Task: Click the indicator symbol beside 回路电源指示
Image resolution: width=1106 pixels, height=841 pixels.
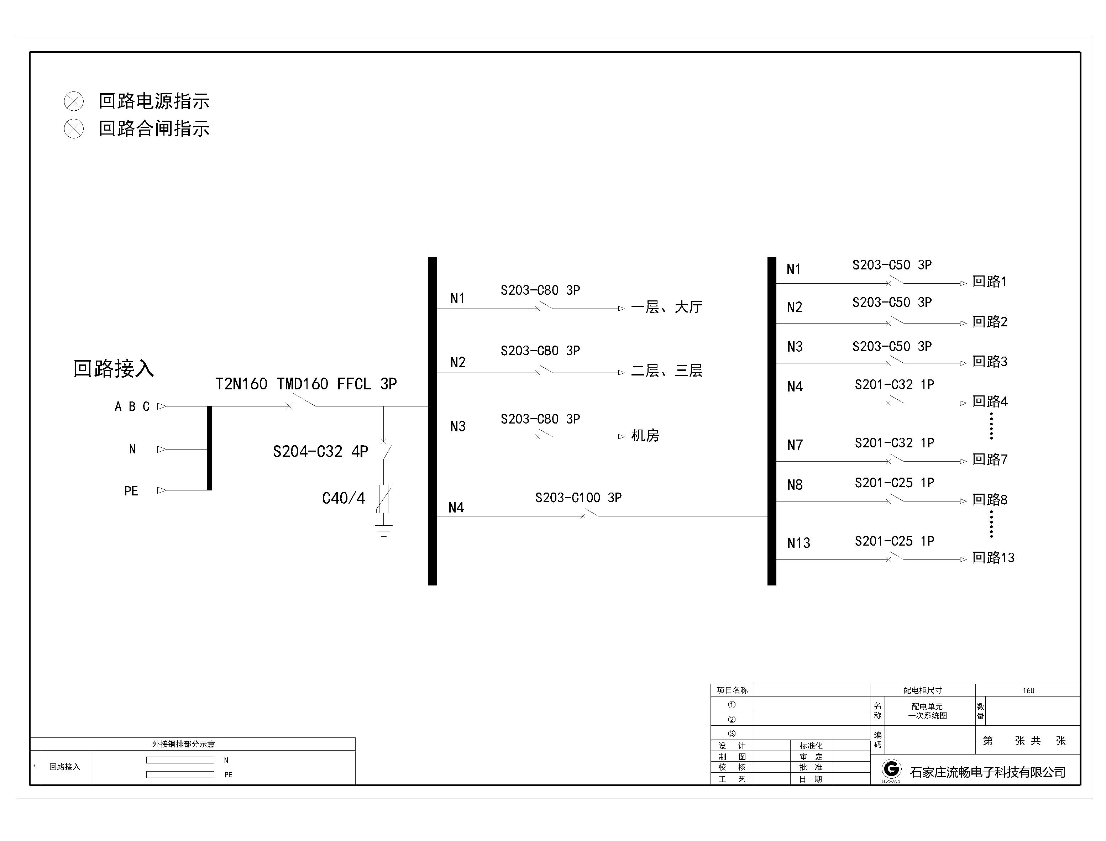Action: pyautogui.click(x=74, y=101)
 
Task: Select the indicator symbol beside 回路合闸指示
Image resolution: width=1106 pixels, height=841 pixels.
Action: pyautogui.click(x=74, y=128)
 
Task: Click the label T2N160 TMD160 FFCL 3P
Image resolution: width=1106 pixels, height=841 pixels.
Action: pyautogui.click(x=306, y=384)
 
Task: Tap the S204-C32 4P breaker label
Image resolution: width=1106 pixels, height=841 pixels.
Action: pyautogui.click(x=320, y=452)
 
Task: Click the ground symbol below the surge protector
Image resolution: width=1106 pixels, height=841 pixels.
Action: pyautogui.click(x=383, y=531)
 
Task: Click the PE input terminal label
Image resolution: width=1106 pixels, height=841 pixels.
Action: pyautogui.click(x=131, y=491)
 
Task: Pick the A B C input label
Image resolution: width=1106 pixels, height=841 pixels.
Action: pyautogui.click(x=132, y=406)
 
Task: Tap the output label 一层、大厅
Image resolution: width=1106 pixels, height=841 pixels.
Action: pyautogui.click(x=666, y=307)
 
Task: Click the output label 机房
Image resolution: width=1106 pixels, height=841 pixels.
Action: pyautogui.click(x=645, y=436)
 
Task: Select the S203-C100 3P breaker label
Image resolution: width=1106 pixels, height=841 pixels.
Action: pyautogui.click(x=578, y=498)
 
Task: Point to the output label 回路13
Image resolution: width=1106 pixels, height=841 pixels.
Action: pyautogui.click(x=994, y=558)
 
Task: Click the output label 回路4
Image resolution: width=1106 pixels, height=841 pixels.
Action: pyautogui.click(x=990, y=401)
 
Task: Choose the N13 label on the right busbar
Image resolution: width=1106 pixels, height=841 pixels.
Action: pyautogui.click(x=798, y=543)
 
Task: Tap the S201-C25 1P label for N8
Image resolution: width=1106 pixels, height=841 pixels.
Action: pyautogui.click(x=894, y=483)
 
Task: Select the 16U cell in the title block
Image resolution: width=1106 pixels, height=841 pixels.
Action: pyautogui.click(x=1028, y=690)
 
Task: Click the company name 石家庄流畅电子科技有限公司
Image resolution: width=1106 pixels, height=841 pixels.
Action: pyautogui.click(x=987, y=772)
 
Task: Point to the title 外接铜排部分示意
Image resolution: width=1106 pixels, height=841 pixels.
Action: pyautogui.click(x=183, y=744)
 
